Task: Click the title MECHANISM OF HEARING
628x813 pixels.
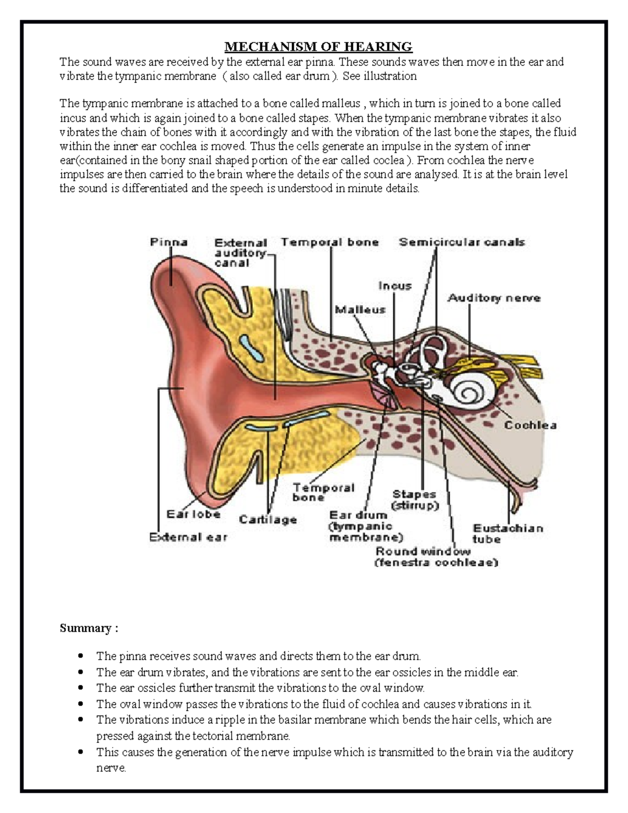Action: [318, 47]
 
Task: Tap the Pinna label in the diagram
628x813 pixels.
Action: [169, 242]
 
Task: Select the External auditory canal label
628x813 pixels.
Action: [241, 252]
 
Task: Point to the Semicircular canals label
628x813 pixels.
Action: [462, 242]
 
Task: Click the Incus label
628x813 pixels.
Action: [395, 286]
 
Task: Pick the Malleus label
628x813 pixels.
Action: [360, 309]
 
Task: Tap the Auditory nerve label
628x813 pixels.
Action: [494, 298]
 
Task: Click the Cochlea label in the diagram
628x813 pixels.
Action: [530, 425]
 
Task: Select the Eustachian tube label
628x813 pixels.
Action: [508, 533]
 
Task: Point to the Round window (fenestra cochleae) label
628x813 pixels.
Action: [436, 557]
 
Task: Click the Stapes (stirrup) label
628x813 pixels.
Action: [414, 500]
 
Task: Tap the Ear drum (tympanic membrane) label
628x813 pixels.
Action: [366, 526]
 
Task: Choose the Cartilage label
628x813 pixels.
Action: [267, 519]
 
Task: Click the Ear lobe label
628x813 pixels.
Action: [193, 514]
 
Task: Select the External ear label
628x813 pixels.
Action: [188, 537]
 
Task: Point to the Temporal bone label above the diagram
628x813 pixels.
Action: [330, 242]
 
